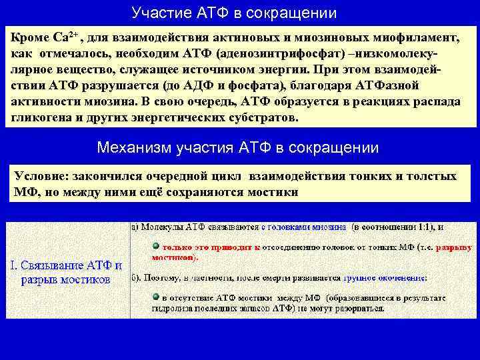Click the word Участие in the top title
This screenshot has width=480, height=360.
tap(155, 13)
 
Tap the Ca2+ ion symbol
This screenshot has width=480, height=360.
tap(65, 37)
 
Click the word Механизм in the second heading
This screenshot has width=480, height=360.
tap(134, 147)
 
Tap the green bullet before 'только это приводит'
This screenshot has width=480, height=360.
tap(155, 246)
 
